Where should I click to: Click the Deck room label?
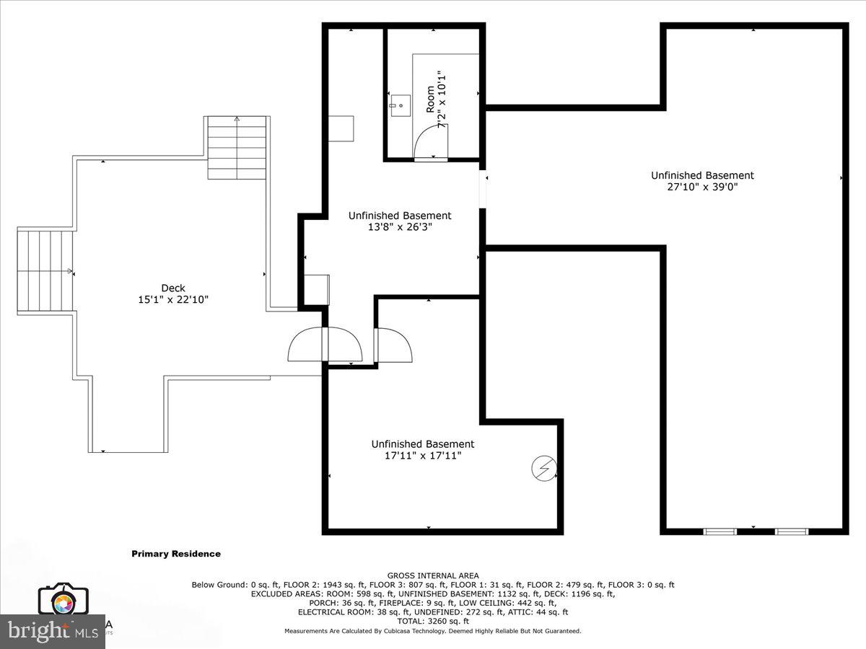173,288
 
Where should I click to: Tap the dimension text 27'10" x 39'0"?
702,187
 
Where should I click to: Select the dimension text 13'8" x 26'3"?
400,227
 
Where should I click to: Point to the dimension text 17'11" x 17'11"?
423,456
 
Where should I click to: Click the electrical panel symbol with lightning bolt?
545,469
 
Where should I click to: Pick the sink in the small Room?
400,105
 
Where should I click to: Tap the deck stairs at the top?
237,148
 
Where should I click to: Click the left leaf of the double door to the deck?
308,345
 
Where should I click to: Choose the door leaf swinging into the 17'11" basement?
394,345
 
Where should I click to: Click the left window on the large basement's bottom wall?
720,531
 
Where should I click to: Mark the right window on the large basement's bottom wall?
791,531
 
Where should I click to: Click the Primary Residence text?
176,554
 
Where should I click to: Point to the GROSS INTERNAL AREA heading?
433,575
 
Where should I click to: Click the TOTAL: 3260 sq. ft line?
433,621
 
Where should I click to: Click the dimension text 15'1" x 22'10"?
173,299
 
